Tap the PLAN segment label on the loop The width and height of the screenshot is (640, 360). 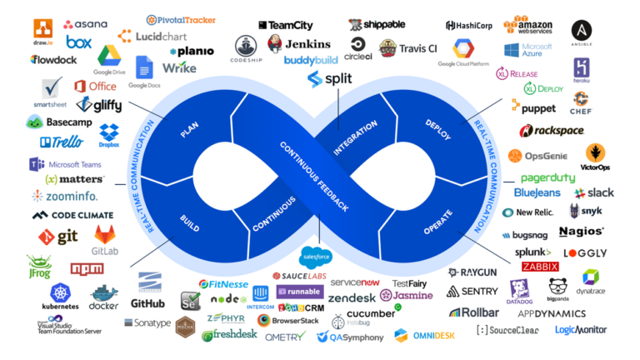click(x=189, y=131)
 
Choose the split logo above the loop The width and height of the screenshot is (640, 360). click(x=326, y=79)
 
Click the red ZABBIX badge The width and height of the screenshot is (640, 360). click(x=540, y=267)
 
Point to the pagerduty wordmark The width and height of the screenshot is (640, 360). click(x=547, y=177)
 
